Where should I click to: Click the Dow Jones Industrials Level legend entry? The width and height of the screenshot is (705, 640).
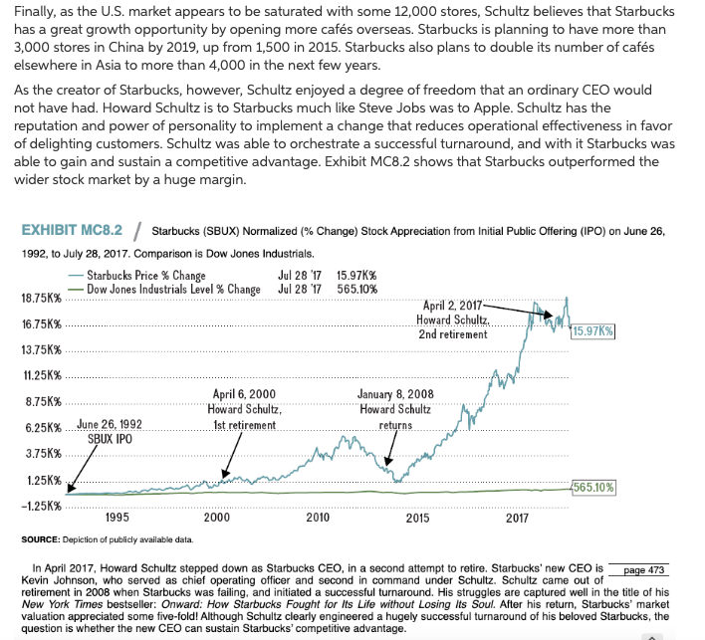173,289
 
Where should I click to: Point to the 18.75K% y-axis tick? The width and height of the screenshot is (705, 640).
43,298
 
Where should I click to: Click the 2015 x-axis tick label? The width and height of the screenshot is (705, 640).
418,518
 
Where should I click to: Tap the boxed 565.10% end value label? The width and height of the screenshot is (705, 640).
594,488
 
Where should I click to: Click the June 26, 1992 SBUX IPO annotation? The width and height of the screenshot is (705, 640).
109,431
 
